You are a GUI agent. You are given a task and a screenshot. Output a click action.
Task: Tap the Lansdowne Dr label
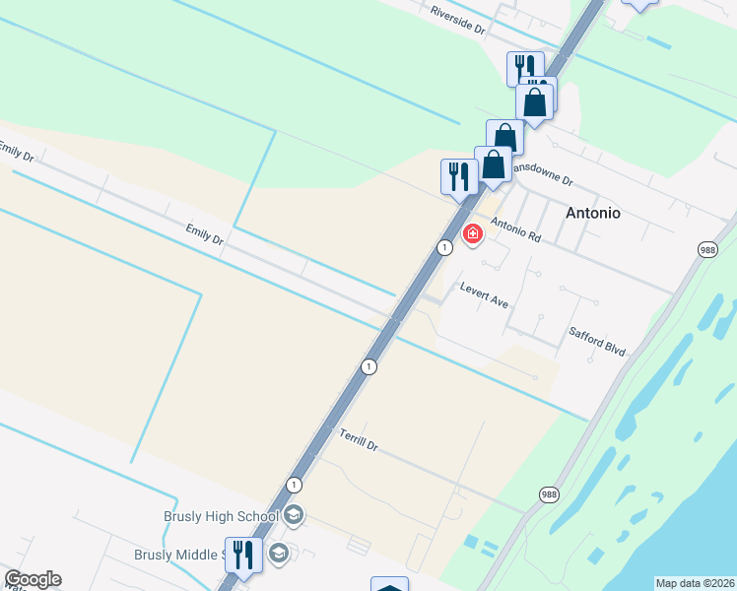[x=541, y=173]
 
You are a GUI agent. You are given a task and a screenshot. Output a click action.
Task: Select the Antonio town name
[x=592, y=212]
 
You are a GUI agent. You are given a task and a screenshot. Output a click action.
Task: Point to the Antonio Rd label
[x=516, y=231]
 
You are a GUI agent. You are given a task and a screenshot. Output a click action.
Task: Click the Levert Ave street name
[x=484, y=295]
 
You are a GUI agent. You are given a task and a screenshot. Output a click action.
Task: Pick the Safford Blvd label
[x=597, y=341]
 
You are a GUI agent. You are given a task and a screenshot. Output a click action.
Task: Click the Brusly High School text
[x=221, y=516]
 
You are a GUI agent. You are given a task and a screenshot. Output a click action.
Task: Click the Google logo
[x=33, y=579]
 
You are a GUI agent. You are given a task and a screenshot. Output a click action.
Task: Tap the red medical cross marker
[x=473, y=233]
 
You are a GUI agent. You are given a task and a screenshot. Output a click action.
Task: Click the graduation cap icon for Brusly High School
[x=293, y=515]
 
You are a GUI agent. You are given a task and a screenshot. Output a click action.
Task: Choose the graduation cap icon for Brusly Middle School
[x=278, y=554]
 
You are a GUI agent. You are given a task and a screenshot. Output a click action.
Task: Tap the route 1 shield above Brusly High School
[x=294, y=485]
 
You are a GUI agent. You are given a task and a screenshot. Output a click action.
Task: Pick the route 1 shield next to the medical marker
[x=445, y=247]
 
